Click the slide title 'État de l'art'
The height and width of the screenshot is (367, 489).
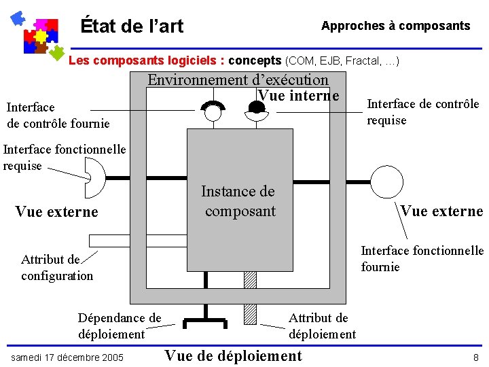click(x=132, y=27)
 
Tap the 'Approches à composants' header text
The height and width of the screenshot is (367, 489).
click(x=395, y=26)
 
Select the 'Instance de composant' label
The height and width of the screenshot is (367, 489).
click(x=239, y=201)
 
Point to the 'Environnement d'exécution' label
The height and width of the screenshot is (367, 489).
click(x=238, y=80)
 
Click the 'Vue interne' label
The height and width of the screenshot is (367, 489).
click(x=298, y=95)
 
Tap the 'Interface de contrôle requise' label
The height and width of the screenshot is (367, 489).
click(x=422, y=112)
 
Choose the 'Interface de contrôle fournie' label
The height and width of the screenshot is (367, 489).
click(x=58, y=116)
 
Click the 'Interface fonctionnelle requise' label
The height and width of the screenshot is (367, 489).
click(x=64, y=157)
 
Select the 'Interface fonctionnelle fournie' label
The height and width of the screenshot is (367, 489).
click(x=422, y=259)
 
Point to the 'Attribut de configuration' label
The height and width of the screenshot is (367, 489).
click(x=57, y=267)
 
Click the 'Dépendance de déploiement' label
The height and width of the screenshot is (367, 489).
click(x=120, y=326)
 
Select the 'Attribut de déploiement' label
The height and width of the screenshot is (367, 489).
click(x=321, y=326)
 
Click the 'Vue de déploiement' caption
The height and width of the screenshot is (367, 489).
click(x=233, y=355)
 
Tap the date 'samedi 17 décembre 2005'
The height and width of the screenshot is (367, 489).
click(x=67, y=357)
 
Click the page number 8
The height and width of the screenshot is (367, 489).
click(x=475, y=357)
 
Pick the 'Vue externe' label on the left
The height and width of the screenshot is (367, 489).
click(x=56, y=211)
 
